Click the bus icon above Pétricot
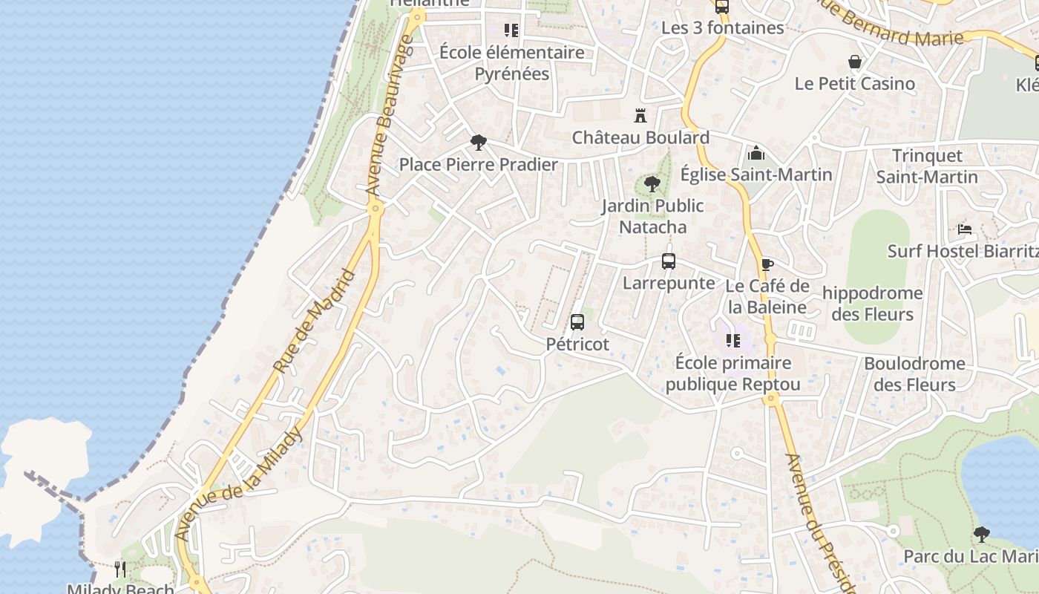577,322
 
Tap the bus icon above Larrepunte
669,261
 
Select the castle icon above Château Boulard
640,116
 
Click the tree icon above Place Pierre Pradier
479,143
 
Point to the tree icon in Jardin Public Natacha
652,183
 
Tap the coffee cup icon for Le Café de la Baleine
767,265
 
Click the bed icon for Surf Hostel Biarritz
965,229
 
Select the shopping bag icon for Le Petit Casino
855,62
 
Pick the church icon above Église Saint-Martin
756,153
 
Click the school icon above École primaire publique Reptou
733,341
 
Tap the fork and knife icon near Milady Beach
119,569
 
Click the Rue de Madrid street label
315,322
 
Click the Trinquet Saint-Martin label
927,166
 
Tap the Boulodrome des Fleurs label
914,373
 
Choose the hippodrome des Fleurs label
872,303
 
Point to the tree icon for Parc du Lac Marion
982,534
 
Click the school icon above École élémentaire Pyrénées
511,30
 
